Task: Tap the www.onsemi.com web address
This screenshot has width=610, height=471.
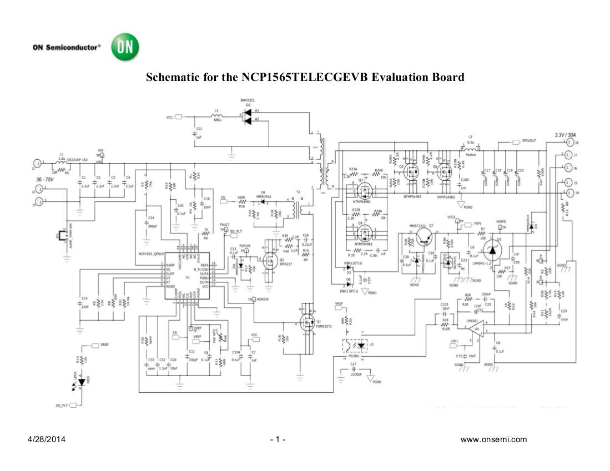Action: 493,440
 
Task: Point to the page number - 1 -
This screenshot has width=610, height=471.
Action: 278,440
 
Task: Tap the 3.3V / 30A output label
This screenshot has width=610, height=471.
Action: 566,135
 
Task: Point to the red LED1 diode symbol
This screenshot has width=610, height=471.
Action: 80,383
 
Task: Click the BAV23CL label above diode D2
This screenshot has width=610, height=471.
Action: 248,100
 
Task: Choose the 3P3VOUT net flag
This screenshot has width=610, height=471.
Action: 528,141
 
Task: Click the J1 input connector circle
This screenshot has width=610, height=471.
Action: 37,163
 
